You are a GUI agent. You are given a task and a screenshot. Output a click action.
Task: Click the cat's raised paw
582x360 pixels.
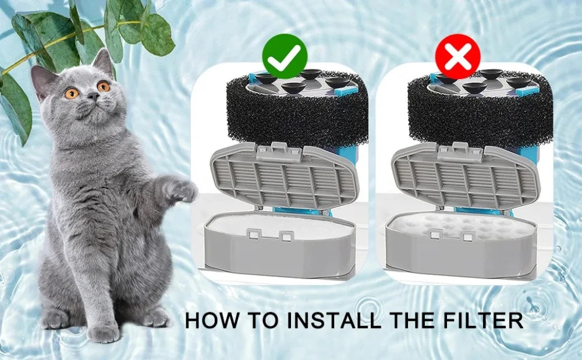(x=181, y=190)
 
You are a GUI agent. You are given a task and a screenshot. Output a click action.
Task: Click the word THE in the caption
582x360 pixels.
(x=415, y=319)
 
